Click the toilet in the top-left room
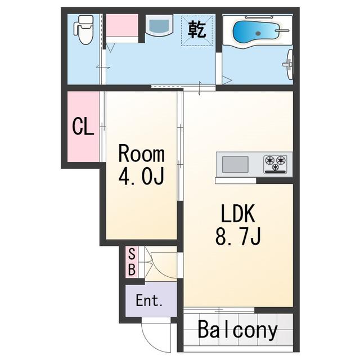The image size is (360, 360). [83, 30]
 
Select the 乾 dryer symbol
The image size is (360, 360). [197, 30]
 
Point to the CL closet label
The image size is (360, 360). [83, 126]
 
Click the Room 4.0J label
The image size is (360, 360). [141, 164]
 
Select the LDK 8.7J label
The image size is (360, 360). [238, 224]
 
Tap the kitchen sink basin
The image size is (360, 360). [235, 164]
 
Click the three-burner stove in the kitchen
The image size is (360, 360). [275, 164]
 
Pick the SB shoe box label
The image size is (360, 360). [132, 262]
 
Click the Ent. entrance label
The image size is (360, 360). [149, 300]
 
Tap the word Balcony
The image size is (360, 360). [237, 330]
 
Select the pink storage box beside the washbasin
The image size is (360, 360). [122, 25]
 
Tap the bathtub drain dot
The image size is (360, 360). [258, 34]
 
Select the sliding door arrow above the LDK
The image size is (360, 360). [200, 88]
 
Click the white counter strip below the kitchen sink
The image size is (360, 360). [236, 181]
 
